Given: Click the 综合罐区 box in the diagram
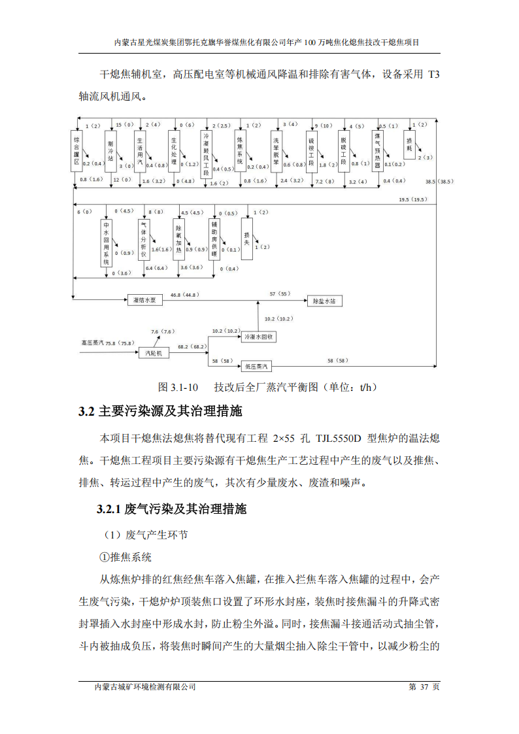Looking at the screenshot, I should point(77,150).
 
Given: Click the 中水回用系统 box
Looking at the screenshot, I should point(107,242).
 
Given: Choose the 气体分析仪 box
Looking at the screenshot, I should point(144,239).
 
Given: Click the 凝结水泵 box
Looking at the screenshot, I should point(144,300).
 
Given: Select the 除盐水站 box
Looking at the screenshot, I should point(324,301).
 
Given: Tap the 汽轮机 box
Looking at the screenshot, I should point(154,352).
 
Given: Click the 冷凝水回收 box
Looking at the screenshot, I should point(259,337).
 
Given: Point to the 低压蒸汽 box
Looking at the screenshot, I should point(259,366).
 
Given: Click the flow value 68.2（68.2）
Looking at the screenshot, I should point(193,347).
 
